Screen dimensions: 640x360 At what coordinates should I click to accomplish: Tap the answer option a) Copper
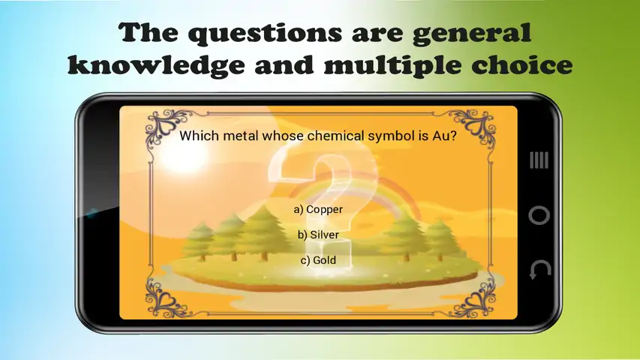click(x=318, y=209)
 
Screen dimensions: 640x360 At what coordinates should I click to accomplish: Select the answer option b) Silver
click(x=318, y=235)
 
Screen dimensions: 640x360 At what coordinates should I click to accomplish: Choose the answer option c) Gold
click(x=318, y=260)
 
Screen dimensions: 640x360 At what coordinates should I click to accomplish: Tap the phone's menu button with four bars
click(x=539, y=160)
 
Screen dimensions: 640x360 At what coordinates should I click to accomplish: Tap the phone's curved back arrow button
click(x=539, y=270)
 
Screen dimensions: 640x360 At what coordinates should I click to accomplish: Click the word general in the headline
click(x=472, y=33)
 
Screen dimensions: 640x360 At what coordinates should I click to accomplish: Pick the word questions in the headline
click(x=266, y=34)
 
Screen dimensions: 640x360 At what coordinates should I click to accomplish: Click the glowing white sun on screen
click(x=184, y=155)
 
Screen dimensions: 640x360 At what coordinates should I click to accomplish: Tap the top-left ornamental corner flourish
click(x=167, y=127)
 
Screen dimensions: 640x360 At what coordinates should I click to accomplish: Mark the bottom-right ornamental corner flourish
click(x=473, y=297)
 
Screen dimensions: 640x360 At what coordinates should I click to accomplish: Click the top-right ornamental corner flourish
click(x=473, y=127)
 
